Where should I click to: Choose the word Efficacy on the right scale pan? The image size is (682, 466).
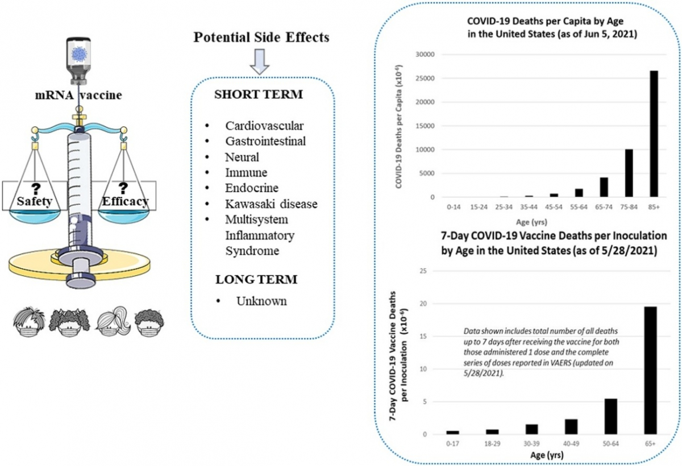tap(125, 201)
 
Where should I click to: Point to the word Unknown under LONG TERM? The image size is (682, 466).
tap(261, 301)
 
